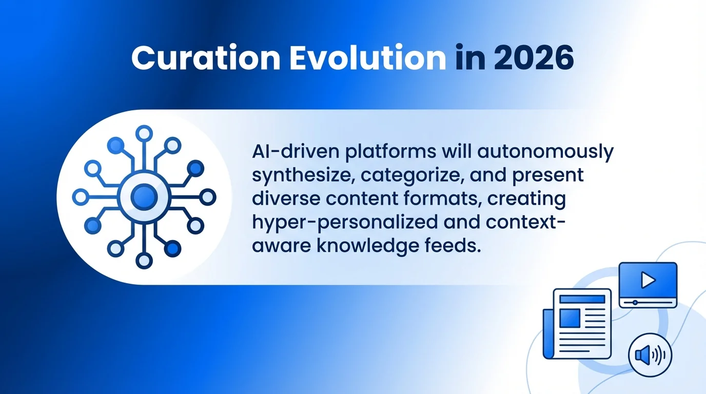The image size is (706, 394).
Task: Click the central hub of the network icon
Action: tap(144, 196)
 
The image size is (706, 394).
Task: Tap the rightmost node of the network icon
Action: tap(207, 196)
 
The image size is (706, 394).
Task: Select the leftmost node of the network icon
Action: tap(81, 196)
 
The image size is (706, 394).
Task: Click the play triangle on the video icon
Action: tap(648, 280)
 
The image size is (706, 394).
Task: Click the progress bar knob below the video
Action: tap(635, 303)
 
